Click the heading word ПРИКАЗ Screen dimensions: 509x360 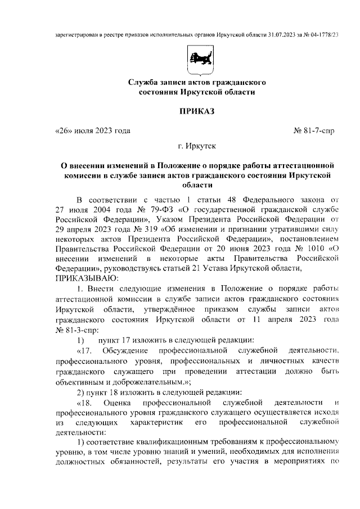pyautogui.click(x=197, y=111)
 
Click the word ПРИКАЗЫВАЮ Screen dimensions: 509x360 pyautogui.click(x=86, y=278)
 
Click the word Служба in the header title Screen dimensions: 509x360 pyautogui.click(x=141, y=83)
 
